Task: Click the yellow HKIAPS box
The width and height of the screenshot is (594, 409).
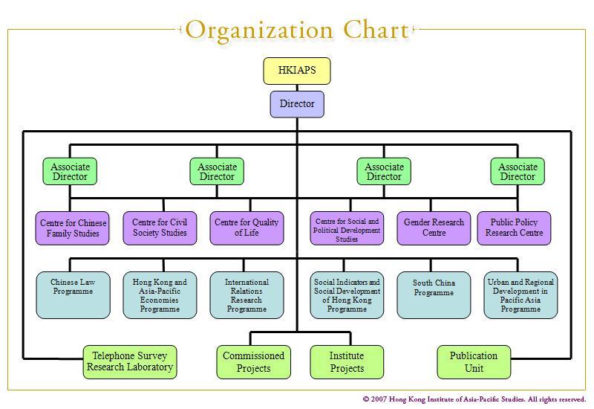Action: click(x=297, y=71)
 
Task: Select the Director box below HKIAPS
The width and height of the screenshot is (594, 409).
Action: click(x=297, y=104)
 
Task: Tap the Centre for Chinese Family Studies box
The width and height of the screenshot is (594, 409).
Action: click(x=73, y=228)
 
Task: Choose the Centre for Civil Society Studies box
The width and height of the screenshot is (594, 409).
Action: click(x=160, y=228)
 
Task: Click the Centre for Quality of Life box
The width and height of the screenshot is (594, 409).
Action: click(x=247, y=228)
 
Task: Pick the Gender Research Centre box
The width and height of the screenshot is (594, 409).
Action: click(x=434, y=228)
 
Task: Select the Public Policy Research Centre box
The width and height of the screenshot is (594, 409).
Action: click(x=515, y=228)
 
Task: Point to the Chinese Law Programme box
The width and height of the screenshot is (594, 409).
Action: click(x=73, y=294)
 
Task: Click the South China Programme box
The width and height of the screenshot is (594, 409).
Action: click(x=434, y=294)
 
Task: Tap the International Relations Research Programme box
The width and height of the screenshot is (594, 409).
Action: click(x=247, y=294)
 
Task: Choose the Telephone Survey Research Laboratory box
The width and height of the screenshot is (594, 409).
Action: click(x=130, y=361)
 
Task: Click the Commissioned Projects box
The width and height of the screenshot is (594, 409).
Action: click(x=253, y=362)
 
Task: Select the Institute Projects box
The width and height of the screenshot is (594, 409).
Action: click(x=347, y=362)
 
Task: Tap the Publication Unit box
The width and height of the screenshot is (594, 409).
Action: click(x=474, y=362)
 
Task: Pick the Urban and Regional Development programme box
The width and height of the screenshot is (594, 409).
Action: click(x=520, y=294)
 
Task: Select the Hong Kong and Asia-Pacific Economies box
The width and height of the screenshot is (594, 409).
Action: click(x=160, y=294)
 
